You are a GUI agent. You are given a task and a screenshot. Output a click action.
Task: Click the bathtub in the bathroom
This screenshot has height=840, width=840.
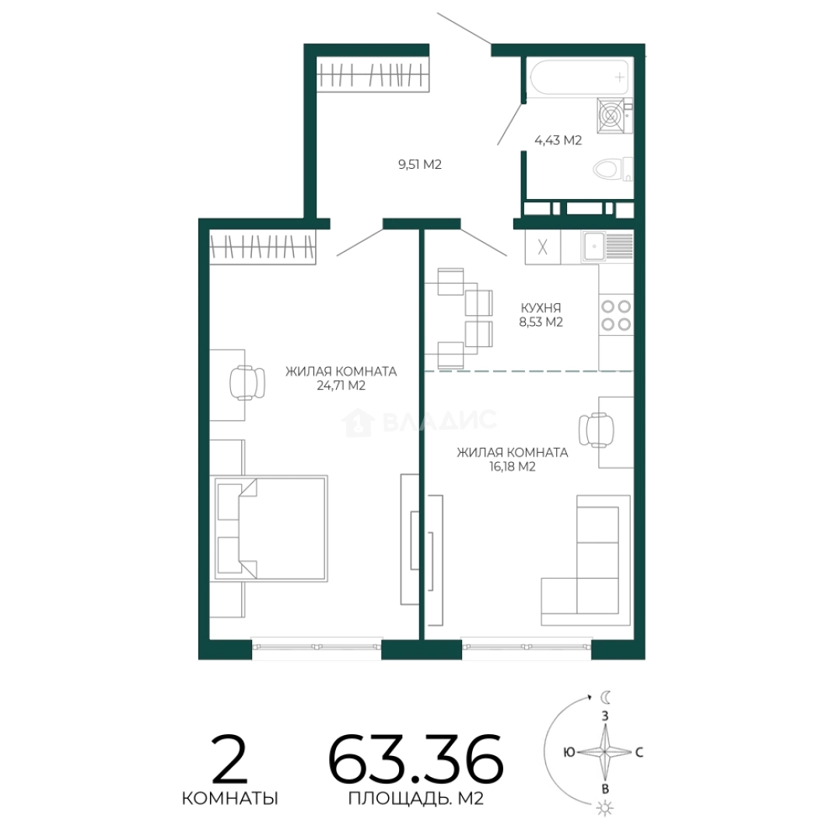[579, 77]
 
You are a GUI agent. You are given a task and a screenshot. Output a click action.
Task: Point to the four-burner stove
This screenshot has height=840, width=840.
[616, 315]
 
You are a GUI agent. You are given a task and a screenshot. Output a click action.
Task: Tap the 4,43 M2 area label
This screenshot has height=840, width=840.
[558, 140]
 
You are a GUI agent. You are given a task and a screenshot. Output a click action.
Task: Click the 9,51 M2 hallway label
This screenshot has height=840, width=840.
[419, 164]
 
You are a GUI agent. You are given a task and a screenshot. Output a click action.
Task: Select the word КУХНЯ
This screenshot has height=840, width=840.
[541, 308]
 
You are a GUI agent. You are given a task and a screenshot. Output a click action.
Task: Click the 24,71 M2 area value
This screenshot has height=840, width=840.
[341, 385]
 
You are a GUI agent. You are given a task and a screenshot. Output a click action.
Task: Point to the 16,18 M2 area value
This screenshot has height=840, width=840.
[512, 467]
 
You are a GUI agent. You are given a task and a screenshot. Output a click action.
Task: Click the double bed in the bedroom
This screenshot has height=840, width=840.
[271, 527]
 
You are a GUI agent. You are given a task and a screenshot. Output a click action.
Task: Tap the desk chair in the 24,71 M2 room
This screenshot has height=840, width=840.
[247, 383]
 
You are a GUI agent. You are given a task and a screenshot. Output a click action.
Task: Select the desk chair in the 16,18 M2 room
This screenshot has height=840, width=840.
[597, 429]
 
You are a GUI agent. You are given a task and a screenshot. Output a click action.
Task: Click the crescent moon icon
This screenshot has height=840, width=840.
[606, 697]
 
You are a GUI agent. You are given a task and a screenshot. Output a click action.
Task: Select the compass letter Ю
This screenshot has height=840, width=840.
[569, 752]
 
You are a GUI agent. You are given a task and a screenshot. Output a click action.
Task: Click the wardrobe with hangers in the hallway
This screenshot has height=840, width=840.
[373, 74]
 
